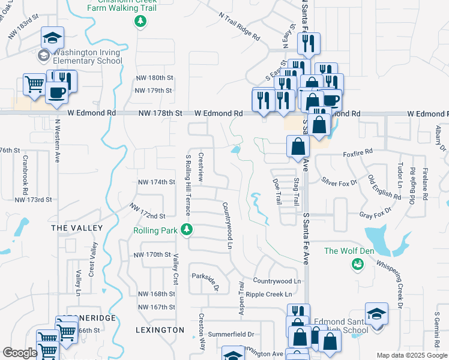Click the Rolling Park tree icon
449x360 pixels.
187,229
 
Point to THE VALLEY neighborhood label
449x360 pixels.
77,228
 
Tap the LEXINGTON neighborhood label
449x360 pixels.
160,330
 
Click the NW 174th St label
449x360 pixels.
156,182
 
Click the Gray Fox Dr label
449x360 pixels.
375,212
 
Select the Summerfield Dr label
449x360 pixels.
231,334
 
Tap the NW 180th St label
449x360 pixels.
154,78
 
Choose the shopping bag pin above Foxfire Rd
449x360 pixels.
298,146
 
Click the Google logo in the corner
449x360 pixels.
20,353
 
